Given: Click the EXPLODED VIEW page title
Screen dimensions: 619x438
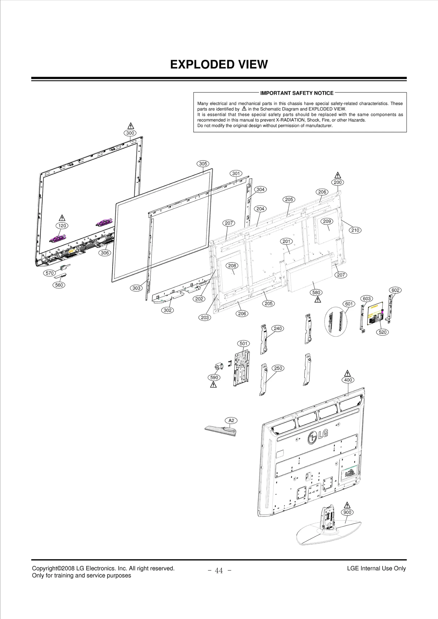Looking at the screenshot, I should coord(219,65).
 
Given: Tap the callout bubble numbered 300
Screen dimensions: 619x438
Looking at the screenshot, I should coord(130,133).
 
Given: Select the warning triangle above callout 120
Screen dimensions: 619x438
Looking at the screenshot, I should coord(62,218).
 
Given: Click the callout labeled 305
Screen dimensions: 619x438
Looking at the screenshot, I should coord(203,164).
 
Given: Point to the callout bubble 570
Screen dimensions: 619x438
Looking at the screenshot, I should coord(50,273).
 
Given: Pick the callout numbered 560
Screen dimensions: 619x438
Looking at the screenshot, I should coord(59,285).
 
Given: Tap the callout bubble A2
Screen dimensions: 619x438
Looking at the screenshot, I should coord(231,421).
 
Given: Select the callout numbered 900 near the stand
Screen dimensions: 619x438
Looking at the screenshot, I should coord(347,512).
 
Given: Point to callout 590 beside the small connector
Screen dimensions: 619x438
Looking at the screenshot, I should coord(214,378).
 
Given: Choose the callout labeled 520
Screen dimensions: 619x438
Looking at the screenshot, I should coord(382,332).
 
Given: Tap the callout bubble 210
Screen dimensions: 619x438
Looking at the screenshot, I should coord(355,230).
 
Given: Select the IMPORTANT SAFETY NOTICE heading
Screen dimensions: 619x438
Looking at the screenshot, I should coord(297,93).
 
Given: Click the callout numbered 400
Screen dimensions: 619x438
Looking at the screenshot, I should coord(348,380).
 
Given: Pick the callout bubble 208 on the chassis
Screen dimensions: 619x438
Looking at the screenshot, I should coord(232,266).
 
